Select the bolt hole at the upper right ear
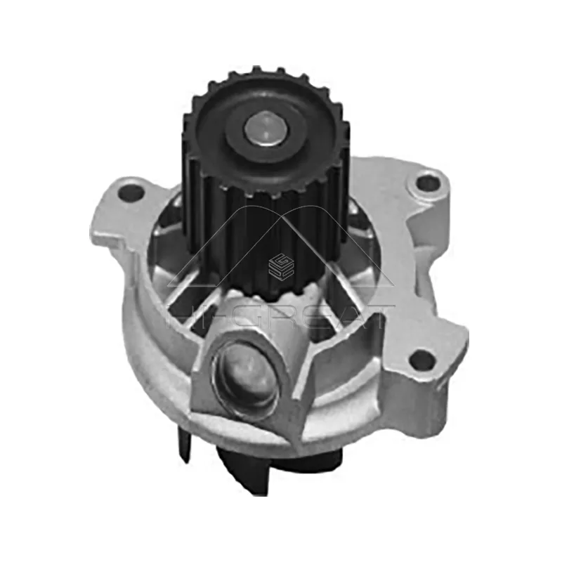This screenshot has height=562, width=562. tap(427, 183)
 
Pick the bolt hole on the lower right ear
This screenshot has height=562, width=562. tap(421, 360)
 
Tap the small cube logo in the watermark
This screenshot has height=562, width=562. tap(281, 266)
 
